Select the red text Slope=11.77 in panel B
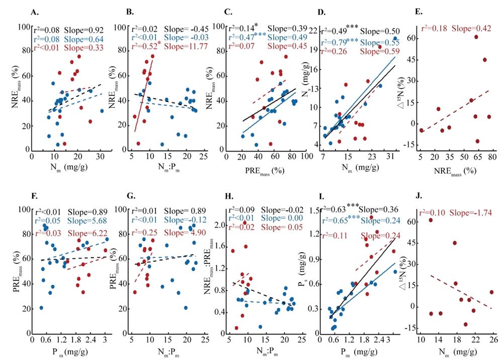point(174,47)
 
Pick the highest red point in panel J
point(431,220)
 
